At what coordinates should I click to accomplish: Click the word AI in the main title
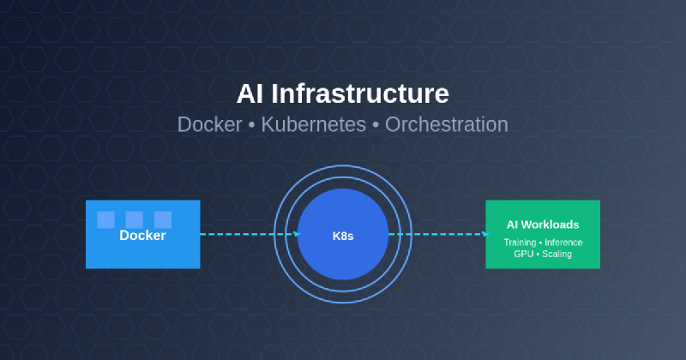(250, 93)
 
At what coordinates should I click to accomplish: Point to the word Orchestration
(446, 124)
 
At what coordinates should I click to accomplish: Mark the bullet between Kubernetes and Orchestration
(376, 125)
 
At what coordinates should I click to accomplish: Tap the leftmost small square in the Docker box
(105, 219)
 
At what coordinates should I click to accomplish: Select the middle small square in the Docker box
(134, 219)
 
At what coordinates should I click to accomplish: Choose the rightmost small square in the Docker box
(163, 219)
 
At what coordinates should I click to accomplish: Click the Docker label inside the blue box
(142, 236)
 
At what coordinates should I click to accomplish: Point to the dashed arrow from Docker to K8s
(249, 234)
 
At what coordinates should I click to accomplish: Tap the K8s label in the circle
(343, 235)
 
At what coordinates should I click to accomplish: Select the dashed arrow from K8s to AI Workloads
(436, 234)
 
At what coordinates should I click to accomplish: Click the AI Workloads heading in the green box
(542, 225)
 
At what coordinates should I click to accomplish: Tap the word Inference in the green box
(563, 243)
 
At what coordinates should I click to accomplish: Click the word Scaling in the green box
(557, 255)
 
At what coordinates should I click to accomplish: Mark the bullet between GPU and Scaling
(537, 255)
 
